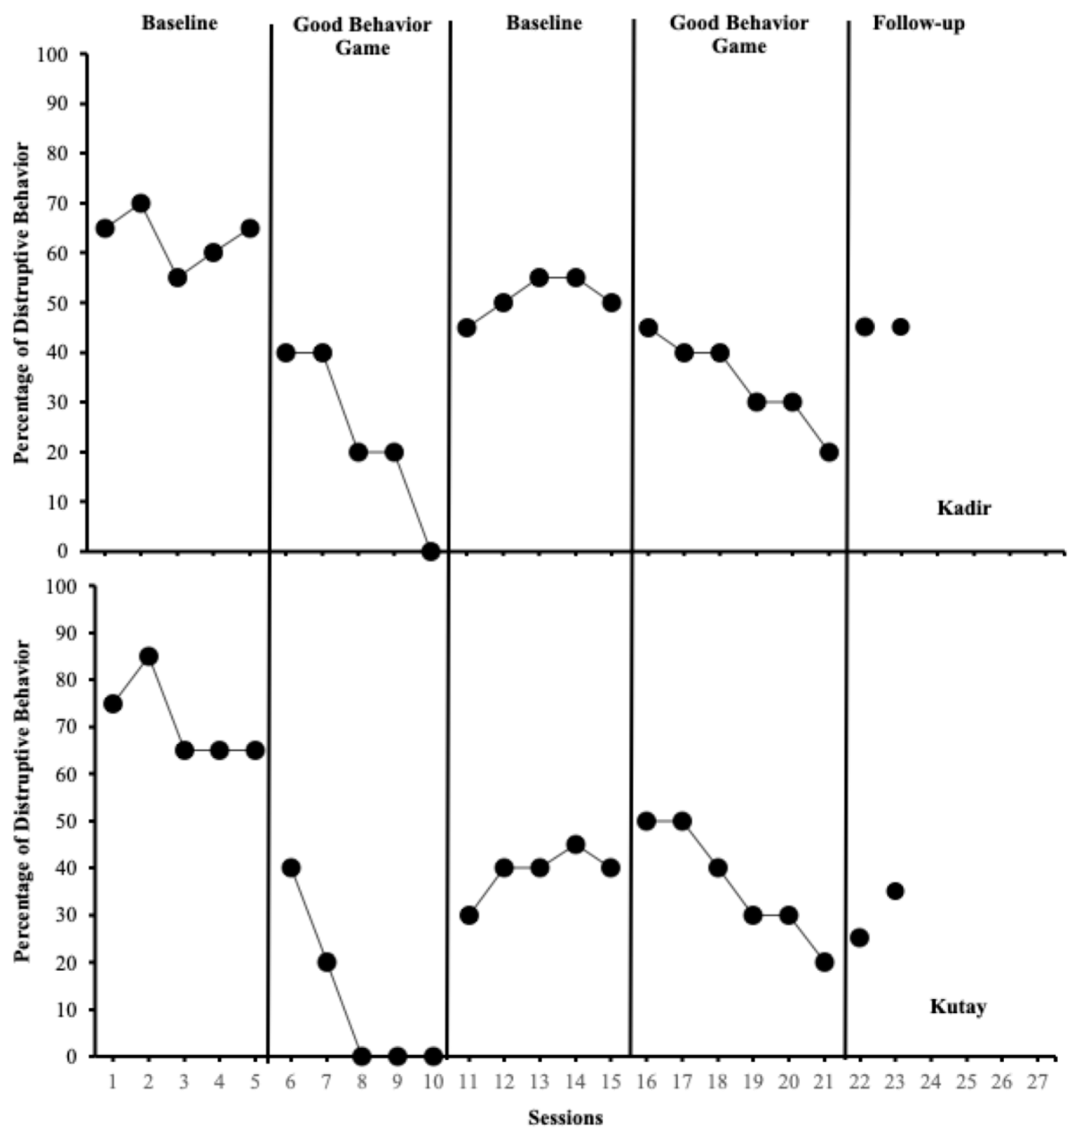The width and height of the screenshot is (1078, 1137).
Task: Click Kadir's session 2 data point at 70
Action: (x=141, y=203)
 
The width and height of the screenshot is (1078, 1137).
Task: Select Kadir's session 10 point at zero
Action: (x=430, y=551)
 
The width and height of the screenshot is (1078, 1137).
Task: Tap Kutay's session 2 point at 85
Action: (x=148, y=656)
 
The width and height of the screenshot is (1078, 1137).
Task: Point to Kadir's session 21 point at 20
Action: (x=829, y=452)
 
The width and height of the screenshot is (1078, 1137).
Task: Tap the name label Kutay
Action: (x=958, y=1007)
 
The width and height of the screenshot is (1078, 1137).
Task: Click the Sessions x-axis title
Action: (x=565, y=1117)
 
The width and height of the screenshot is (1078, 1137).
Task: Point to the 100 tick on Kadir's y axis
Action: (x=53, y=55)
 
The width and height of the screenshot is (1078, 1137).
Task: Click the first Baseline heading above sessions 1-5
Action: (x=180, y=23)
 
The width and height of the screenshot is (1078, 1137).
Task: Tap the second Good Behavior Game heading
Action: (x=739, y=34)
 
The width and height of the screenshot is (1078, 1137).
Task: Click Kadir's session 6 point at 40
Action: (x=286, y=353)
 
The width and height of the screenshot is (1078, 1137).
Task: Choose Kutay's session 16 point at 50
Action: (x=646, y=821)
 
